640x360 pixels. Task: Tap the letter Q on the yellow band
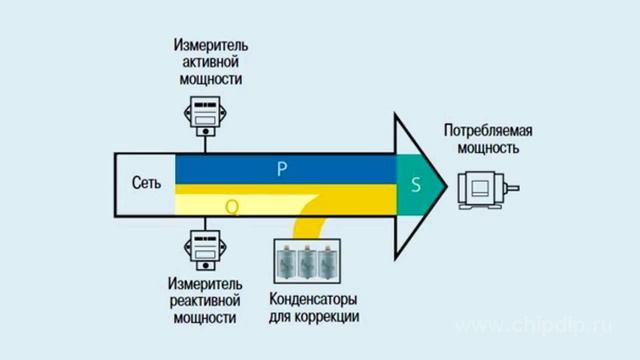[232, 207]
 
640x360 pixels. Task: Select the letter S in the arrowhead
[416, 185]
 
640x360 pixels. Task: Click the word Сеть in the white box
[146, 185]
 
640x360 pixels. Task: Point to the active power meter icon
[204, 118]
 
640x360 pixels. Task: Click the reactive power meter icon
[204, 249]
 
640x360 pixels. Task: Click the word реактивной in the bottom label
[204, 301]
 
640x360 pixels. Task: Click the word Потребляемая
[487, 131]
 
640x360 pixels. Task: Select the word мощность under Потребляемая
[487, 148]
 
